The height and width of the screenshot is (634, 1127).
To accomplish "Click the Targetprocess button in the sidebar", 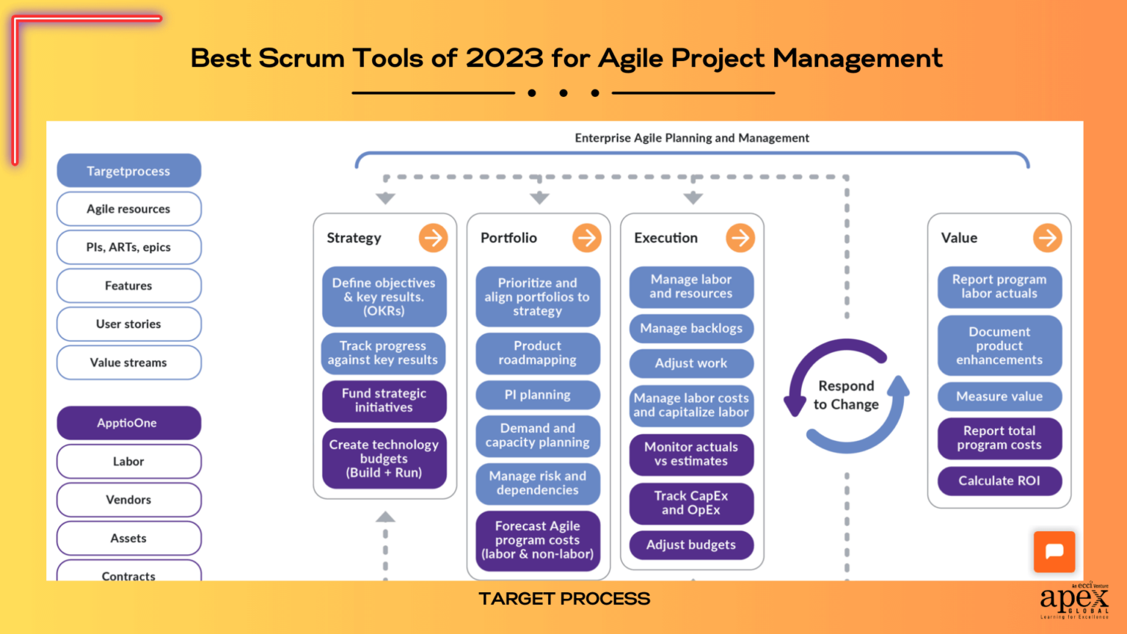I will [128, 171].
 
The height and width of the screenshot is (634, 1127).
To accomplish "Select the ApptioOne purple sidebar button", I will [128, 423].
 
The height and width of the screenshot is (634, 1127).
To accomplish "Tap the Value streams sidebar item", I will [128, 362].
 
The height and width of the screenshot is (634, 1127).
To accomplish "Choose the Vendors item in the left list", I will [128, 500].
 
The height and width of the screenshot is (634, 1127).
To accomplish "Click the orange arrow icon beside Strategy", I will [433, 238].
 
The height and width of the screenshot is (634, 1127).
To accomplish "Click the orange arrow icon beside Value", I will [1047, 238].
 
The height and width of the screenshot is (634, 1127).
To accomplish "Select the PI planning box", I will [537, 395].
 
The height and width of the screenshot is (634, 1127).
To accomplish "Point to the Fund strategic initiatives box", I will [384, 401].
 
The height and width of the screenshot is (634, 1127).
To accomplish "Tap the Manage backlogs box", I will [691, 329].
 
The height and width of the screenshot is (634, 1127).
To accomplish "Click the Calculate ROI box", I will [999, 481].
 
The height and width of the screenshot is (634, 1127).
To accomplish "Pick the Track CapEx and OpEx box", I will [691, 503].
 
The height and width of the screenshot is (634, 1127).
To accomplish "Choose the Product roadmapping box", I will [537, 353].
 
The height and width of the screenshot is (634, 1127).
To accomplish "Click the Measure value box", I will [999, 396].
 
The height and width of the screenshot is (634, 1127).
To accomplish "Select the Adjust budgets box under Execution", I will [691, 544].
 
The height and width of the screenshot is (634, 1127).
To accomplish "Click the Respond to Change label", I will [846, 395].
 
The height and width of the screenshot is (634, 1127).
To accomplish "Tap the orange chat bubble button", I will [1054, 551].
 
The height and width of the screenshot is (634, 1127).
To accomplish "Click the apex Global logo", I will [1074, 600].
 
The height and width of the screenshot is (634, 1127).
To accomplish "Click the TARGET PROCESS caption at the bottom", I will [564, 599].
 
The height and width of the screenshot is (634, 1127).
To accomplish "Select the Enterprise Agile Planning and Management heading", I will [692, 138].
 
